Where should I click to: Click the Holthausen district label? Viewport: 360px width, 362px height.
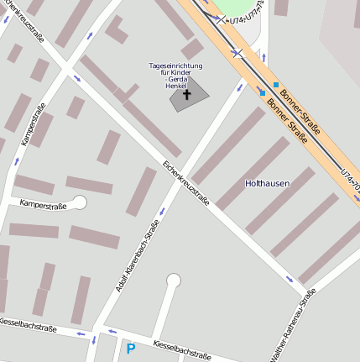tap(267, 182)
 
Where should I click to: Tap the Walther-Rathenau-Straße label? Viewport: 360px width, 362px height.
tap(293, 327)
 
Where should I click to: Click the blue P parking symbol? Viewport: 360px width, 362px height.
tap(130, 348)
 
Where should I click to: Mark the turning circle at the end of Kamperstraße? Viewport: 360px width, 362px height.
tap(80, 202)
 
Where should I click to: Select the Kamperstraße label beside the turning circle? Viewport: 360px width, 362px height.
tap(42, 204)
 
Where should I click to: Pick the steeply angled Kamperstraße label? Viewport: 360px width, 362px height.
tap(32, 124)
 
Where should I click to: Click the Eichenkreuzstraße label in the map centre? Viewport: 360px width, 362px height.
tap(185, 182)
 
